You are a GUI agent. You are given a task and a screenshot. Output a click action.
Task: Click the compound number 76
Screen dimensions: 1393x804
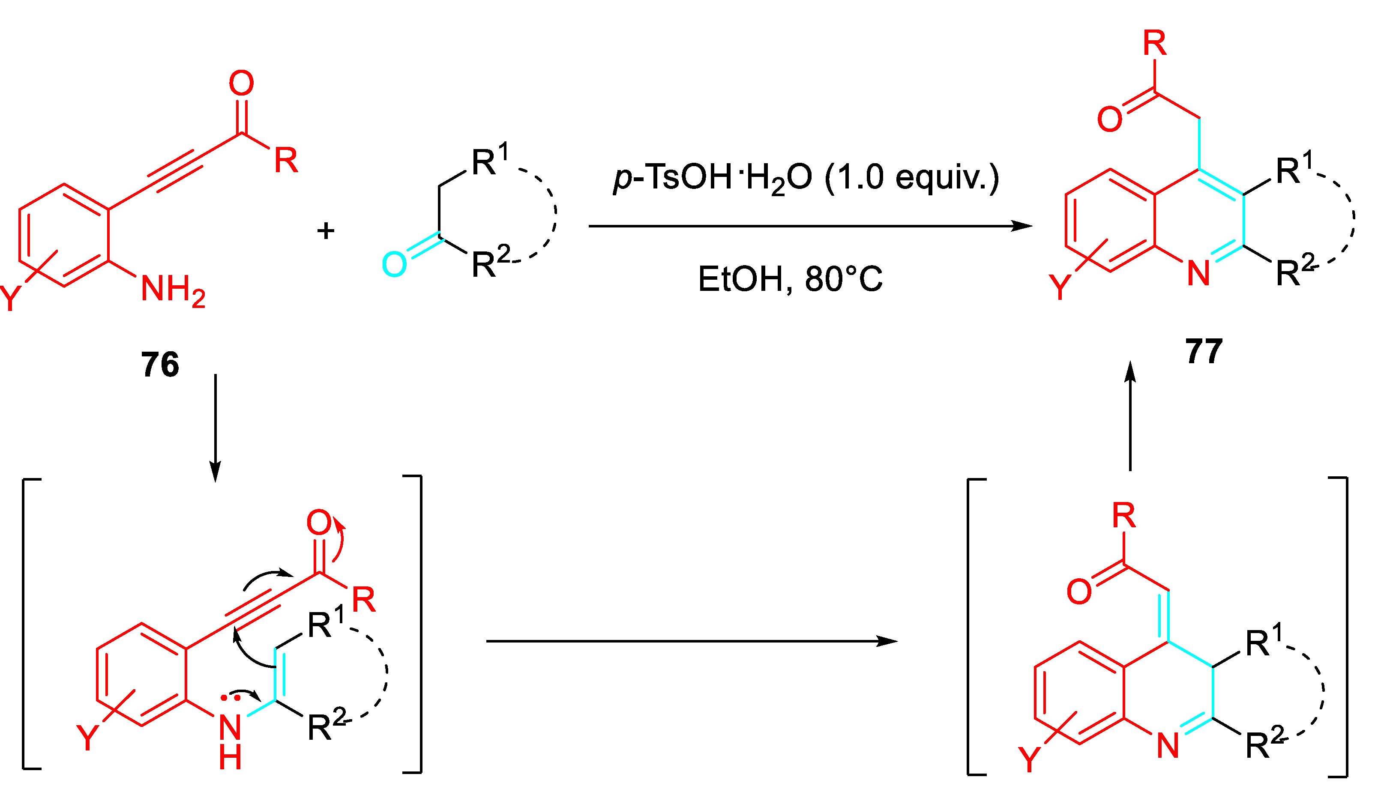160,365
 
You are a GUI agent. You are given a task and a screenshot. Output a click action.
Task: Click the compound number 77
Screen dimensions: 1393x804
1204,351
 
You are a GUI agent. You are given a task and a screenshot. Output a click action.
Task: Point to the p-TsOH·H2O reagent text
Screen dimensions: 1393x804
806,178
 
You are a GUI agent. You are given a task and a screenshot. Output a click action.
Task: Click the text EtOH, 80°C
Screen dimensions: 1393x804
790,279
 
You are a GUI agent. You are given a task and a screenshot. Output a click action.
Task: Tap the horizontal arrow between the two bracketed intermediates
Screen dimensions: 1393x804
690,641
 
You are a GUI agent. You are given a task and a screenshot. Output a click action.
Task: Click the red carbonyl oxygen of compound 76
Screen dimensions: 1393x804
241,84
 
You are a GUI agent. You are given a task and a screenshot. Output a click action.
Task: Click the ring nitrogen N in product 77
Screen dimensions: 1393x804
1198,273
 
